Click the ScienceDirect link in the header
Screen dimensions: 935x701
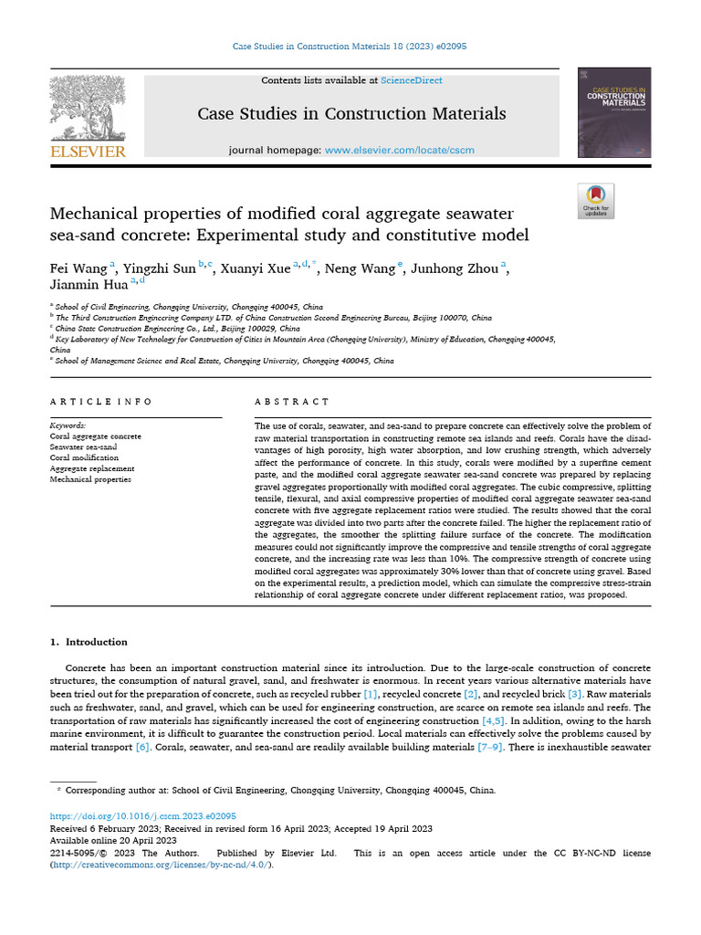[x=412, y=80]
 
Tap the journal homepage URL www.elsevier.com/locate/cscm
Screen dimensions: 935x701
[x=399, y=150]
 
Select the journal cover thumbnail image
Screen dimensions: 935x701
[x=614, y=112]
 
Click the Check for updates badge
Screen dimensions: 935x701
[x=596, y=201]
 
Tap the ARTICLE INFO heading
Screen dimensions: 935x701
[x=100, y=402]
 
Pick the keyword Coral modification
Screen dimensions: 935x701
[x=84, y=457]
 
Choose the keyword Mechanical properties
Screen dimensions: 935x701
[x=90, y=478]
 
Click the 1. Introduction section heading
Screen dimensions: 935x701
[x=89, y=642]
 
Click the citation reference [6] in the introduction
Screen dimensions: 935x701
[x=142, y=747]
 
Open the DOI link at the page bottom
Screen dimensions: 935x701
[x=142, y=815]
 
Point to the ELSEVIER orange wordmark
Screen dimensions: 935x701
[x=88, y=152]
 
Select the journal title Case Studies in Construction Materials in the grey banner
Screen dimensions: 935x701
[x=351, y=114]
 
